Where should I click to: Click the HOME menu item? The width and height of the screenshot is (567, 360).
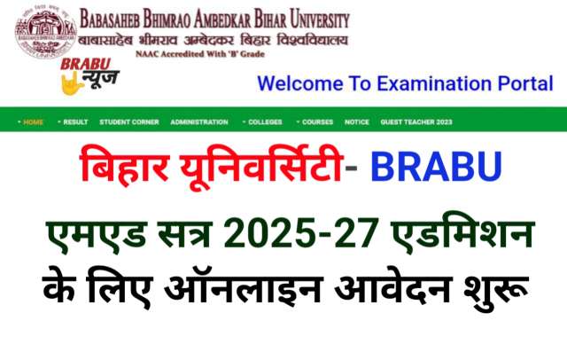(x=33, y=122)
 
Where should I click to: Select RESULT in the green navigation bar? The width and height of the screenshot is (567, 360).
(x=75, y=122)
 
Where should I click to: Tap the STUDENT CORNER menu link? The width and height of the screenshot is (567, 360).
(x=129, y=122)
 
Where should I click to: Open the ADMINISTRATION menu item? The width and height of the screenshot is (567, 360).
(x=199, y=122)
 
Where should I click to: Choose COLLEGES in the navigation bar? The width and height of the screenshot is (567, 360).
(x=265, y=122)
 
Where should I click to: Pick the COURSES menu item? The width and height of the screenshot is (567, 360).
(x=317, y=122)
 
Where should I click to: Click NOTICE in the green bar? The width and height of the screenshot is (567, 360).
(x=357, y=122)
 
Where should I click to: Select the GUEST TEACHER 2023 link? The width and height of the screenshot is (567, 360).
(x=416, y=122)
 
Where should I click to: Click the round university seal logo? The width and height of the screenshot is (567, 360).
(x=45, y=34)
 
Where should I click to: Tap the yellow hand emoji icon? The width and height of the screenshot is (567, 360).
(x=72, y=84)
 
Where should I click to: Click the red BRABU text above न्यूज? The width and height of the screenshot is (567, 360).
(x=86, y=65)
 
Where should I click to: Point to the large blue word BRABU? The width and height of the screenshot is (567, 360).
(x=436, y=167)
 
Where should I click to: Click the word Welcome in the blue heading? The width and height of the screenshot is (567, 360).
(x=299, y=83)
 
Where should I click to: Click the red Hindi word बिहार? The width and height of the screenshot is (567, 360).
(x=124, y=166)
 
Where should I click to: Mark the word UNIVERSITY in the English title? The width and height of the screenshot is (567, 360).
(x=320, y=20)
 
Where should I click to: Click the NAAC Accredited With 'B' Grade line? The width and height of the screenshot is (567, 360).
(x=200, y=54)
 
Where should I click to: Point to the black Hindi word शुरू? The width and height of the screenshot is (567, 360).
(x=495, y=289)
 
